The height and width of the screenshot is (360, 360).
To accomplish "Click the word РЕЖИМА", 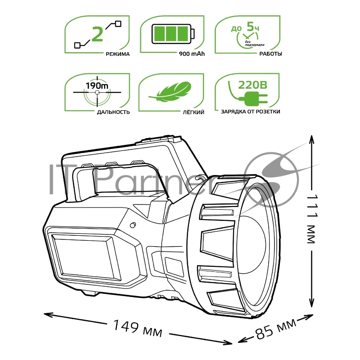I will tap(118, 54).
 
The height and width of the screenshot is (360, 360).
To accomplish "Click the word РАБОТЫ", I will tap(270, 54).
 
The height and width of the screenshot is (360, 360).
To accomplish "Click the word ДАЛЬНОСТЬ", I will tap(113, 112).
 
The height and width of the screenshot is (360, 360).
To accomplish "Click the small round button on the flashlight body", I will tap(133, 225).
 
